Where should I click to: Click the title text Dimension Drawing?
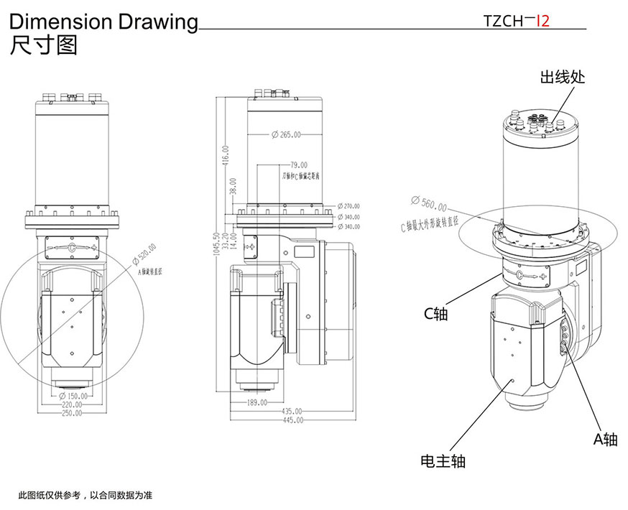coord(103,22)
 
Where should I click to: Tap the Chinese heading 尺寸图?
coord(43,46)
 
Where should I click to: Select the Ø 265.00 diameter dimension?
coord(286,134)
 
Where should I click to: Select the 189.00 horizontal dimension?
coord(257,403)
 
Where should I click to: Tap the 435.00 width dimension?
coord(292,412)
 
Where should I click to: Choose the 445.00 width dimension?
coord(292,419)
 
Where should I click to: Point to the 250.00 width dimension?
coord(72,412)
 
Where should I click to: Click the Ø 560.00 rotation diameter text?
coord(428,204)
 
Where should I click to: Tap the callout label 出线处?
coord(563,77)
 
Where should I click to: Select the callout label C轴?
coord(435,314)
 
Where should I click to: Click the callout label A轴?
coord(605,440)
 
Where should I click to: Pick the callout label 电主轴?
coord(443,460)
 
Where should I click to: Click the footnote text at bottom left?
coord(86,496)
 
